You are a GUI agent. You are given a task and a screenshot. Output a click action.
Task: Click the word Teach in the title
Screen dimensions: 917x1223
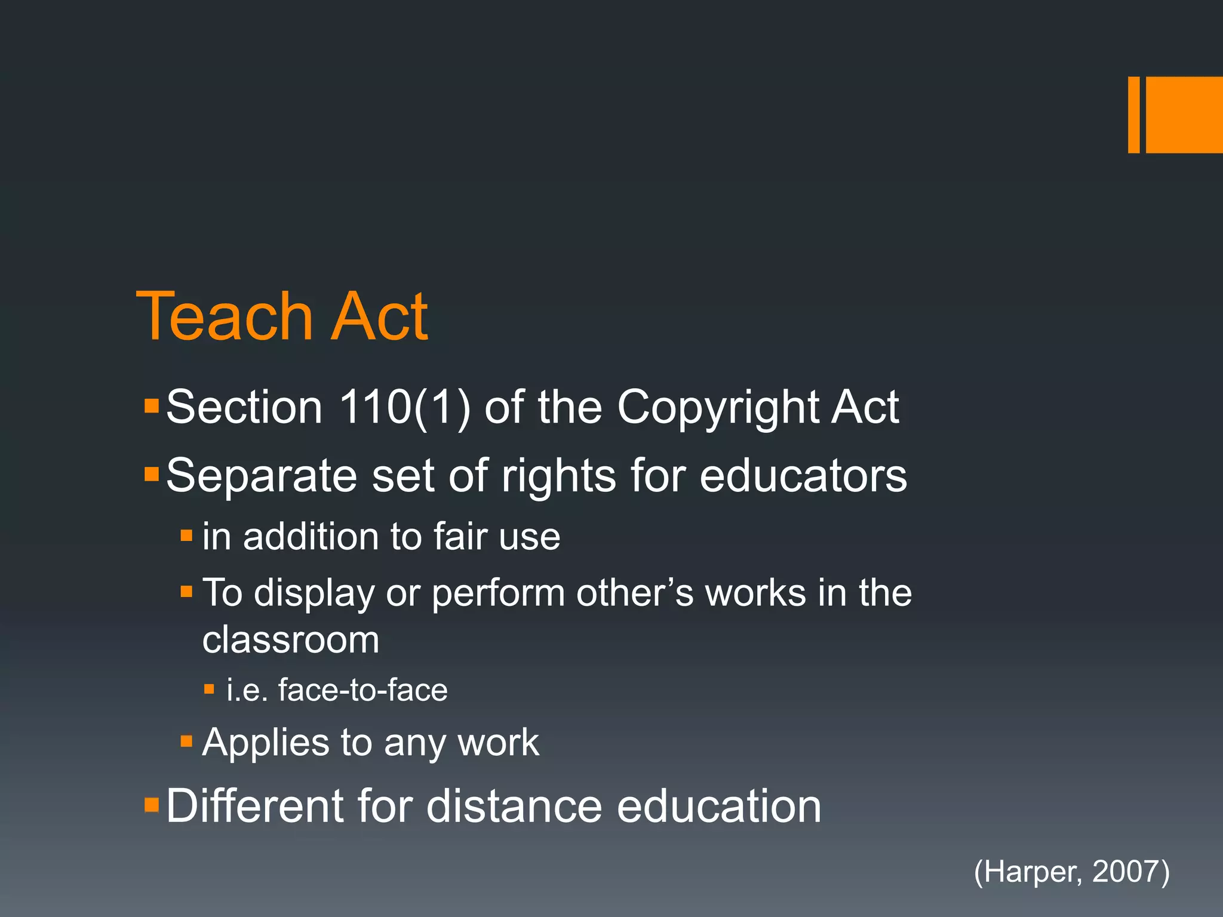[x=225, y=317]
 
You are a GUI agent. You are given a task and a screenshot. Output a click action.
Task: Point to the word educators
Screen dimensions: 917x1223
[x=803, y=476]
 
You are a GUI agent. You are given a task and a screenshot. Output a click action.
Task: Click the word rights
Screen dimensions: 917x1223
[x=558, y=476]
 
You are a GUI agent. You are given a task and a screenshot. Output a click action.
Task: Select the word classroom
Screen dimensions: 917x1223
[x=291, y=640]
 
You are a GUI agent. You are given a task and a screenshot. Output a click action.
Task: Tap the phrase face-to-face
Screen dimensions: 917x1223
[x=362, y=690]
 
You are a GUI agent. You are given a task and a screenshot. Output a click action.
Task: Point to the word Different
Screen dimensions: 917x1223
[x=255, y=806]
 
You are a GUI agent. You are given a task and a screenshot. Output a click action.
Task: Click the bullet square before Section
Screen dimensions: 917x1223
[x=152, y=407]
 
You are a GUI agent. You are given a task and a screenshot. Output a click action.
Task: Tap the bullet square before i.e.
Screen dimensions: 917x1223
[x=209, y=690]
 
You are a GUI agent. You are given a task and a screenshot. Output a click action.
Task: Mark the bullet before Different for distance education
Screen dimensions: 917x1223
[x=152, y=805]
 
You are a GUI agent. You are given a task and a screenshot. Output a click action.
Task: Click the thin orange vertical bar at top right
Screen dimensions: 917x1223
[x=1133, y=115]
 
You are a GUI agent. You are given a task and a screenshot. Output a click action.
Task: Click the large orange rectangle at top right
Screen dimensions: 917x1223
[x=1184, y=115]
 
